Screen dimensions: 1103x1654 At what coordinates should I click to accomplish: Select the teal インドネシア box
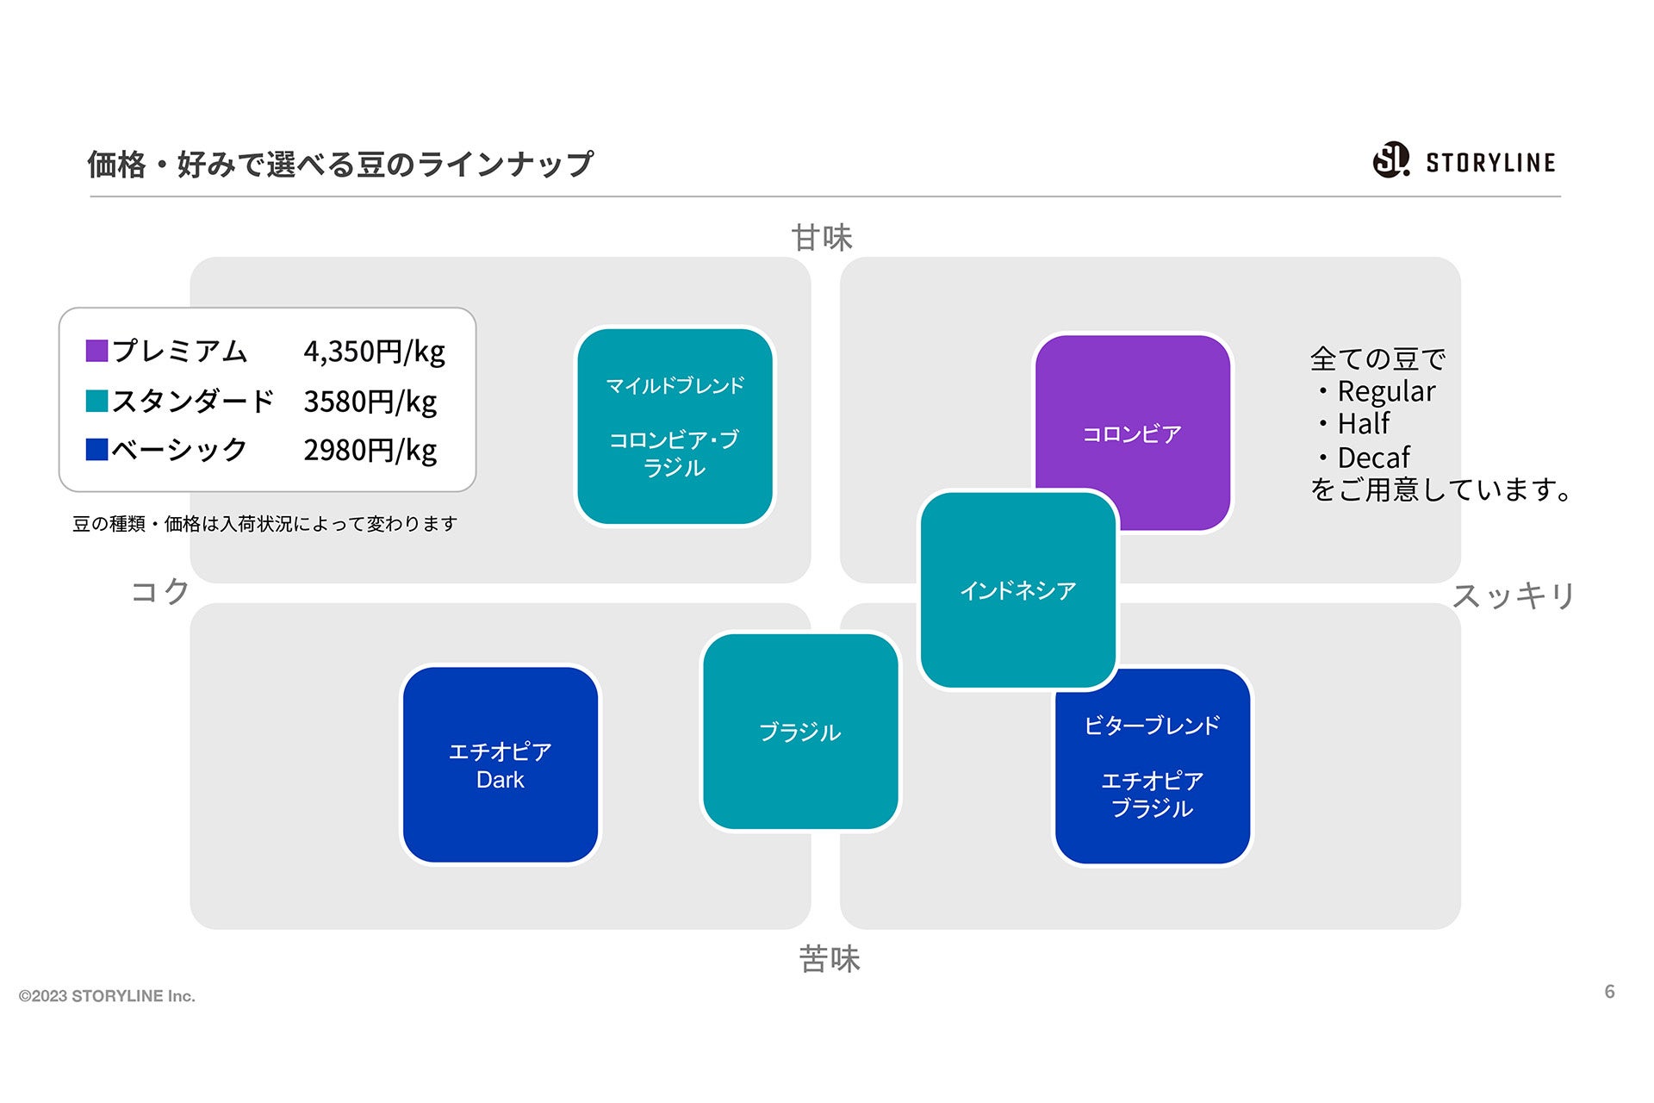click(1018, 590)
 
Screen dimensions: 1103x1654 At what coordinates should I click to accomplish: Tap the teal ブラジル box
click(800, 732)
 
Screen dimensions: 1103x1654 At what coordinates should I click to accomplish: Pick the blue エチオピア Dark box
click(501, 764)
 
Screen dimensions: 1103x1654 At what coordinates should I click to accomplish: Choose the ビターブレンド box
click(1153, 766)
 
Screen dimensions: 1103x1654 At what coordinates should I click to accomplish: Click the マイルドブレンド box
click(675, 426)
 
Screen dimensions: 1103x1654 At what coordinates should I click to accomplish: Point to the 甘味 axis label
click(822, 238)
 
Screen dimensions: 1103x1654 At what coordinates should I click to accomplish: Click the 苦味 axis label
click(829, 958)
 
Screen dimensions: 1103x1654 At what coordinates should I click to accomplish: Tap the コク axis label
click(160, 591)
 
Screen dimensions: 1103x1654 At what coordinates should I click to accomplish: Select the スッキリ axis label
click(1514, 595)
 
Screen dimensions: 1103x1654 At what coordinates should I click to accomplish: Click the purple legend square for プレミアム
click(96, 351)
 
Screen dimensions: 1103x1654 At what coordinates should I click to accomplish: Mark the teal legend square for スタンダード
click(96, 401)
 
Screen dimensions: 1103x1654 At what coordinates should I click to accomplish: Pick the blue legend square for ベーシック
click(96, 450)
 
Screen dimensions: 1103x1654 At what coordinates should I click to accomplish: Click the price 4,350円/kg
click(374, 352)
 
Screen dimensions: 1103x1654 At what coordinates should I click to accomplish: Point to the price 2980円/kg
click(370, 450)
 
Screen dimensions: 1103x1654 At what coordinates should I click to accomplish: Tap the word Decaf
click(1373, 457)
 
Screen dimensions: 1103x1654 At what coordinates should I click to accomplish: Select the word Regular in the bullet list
click(1386, 391)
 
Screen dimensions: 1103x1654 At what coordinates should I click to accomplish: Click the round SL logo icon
click(1390, 160)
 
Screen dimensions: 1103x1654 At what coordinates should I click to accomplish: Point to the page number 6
click(1609, 991)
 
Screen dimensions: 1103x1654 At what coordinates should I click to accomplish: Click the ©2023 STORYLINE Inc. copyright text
click(107, 996)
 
